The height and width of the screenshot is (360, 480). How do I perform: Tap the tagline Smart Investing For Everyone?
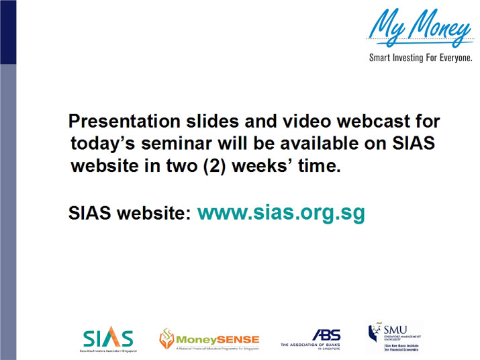[x=421, y=58]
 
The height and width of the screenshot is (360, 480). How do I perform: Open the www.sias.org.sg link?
[x=281, y=213]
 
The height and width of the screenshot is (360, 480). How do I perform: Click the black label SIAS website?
[x=132, y=214]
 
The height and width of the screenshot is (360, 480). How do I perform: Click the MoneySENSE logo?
[x=208, y=340]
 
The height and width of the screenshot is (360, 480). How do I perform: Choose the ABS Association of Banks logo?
[x=311, y=340]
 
